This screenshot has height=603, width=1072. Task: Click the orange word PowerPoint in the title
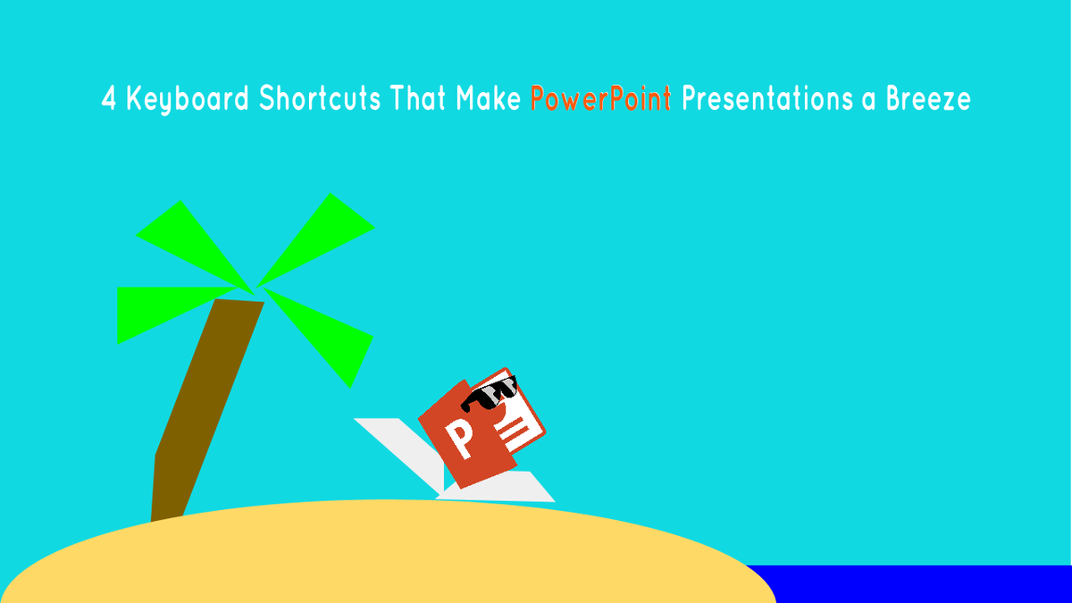(x=600, y=99)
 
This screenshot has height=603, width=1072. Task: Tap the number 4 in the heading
(x=109, y=99)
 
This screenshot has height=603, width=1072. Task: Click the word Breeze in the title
(x=927, y=99)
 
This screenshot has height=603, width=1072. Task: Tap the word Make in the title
(x=488, y=99)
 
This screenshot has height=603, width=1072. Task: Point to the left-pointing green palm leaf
(x=156, y=308)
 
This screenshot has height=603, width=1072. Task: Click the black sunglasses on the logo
(x=492, y=394)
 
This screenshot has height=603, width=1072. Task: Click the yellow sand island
(x=384, y=558)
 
